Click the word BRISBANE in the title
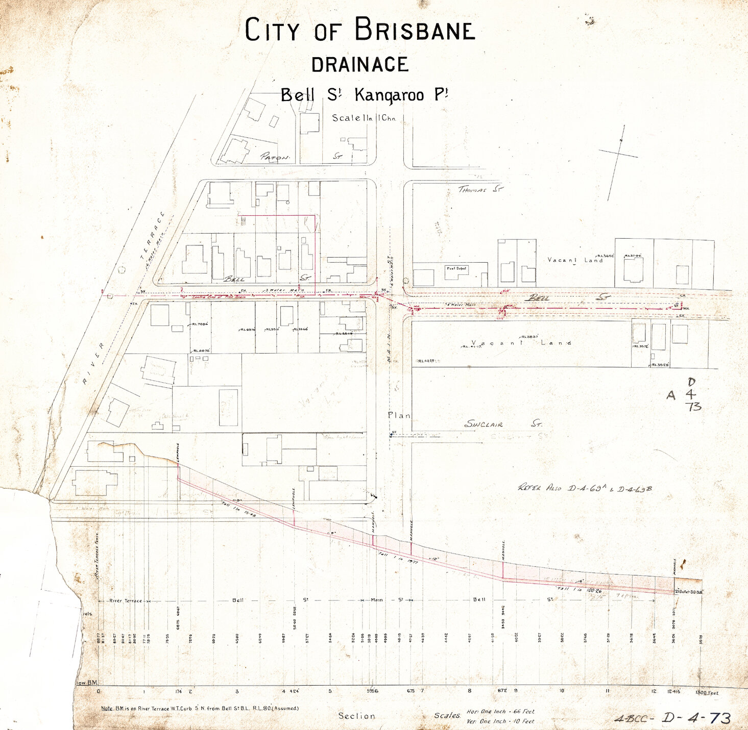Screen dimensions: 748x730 click(x=414, y=31)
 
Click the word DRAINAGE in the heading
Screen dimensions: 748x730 click(x=360, y=65)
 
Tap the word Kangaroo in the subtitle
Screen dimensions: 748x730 click(x=389, y=95)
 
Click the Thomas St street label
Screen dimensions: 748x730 click(x=480, y=189)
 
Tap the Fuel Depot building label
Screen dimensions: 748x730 click(x=456, y=268)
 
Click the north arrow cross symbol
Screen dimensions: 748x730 click(x=618, y=154)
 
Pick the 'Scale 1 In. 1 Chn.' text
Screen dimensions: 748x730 click(x=364, y=118)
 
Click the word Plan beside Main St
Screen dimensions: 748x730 click(x=399, y=415)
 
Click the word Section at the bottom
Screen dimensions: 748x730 click(x=356, y=716)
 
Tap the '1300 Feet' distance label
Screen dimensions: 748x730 click(x=707, y=692)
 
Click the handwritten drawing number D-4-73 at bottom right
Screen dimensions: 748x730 click(x=696, y=718)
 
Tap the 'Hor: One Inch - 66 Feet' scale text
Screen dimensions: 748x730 click(x=500, y=711)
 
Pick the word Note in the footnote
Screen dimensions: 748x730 click(x=107, y=708)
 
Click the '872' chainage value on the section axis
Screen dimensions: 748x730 click(x=502, y=691)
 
